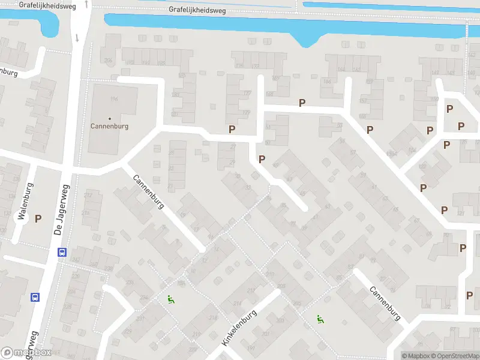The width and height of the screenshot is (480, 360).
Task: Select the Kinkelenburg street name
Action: [x=239, y=328]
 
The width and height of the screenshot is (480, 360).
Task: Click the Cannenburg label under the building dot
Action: [x=109, y=127]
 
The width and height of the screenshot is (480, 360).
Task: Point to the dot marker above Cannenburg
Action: [x=109, y=119]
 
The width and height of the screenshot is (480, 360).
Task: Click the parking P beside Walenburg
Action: [x=38, y=219]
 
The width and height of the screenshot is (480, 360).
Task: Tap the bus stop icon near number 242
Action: [x=61, y=253]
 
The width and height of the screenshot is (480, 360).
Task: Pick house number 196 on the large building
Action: [x=113, y=98]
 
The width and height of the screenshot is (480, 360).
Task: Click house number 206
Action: [x=270, y=274]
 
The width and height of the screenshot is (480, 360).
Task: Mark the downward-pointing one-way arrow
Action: [x=77, y=38]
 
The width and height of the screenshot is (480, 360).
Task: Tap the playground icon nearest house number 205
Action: [x=319, y=319]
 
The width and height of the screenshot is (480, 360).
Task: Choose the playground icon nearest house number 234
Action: [x=170, y=299]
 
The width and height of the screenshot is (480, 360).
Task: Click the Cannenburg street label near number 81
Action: [x=385, y=303]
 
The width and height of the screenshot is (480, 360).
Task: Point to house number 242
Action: [x=76, y=259]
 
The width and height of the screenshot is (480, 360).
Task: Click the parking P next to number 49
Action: [x=262, y=159]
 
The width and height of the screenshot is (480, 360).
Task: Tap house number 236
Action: [x=108, y=61]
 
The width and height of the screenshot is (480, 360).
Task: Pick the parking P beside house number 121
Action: [x=445, y=210]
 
